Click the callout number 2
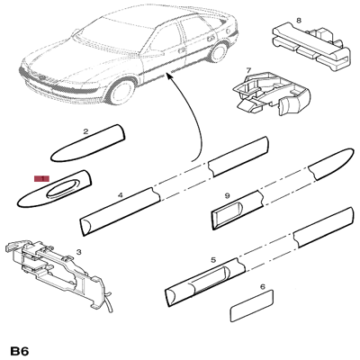click(x=85, y=131)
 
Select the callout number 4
click(x=120, y=194)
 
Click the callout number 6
click(x=262, y=288)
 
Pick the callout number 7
click(x=249, y=70)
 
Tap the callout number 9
click(x=229, y=194)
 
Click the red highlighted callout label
click(x=40, y=179)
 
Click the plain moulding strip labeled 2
click(x=89, y=143)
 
